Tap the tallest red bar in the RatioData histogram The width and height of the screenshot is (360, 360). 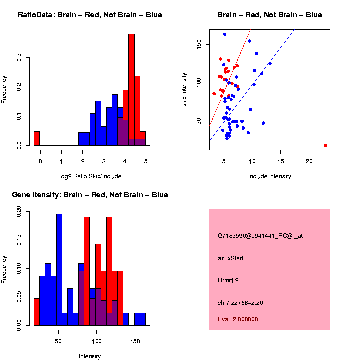pos(132,90)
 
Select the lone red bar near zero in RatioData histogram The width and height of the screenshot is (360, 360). pos(37,138)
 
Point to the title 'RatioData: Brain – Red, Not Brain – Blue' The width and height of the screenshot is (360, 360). pos(90,15)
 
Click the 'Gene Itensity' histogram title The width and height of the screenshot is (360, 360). pos(90,195)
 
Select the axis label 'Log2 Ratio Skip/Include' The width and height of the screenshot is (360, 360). pos(89,176)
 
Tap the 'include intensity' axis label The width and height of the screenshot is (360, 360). pos(269,176)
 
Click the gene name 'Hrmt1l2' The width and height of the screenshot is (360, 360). pos(228,280)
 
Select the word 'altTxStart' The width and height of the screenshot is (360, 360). pos(231,258)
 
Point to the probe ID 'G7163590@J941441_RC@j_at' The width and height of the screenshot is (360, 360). pos(260,236)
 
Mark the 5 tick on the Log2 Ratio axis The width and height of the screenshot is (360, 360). pos(145,161)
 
